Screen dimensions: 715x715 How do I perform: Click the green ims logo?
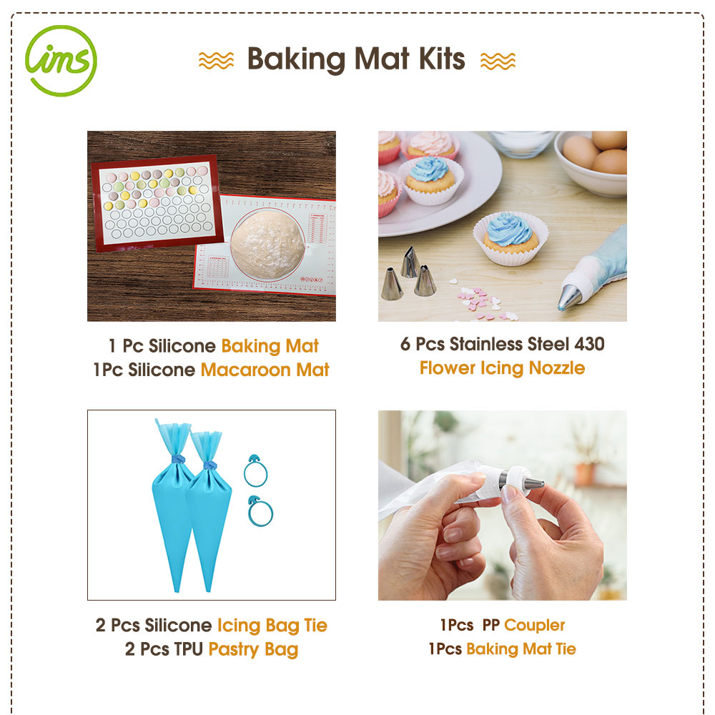pos(61,61)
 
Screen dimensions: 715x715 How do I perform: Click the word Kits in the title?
pos(442,59)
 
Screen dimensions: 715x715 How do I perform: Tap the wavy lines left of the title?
pos(216,61)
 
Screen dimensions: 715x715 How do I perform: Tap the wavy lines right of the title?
pos(498,61)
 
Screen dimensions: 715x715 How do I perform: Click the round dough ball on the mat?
pos(267,244)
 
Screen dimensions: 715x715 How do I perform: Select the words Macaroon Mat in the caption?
pos(265,370)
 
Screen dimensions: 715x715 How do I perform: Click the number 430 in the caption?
pos(590,344)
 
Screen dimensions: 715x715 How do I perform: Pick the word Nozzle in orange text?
pos(557,368)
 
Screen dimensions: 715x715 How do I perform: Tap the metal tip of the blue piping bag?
pos(570,297)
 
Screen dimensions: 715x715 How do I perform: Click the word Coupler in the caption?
pos(534,625)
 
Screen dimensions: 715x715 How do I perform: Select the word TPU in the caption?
pos(188,649)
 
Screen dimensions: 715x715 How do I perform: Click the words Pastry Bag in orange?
pos(253,650)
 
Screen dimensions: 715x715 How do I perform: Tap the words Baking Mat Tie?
pos(521,649)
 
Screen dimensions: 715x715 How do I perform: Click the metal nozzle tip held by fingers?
pos(533,482)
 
